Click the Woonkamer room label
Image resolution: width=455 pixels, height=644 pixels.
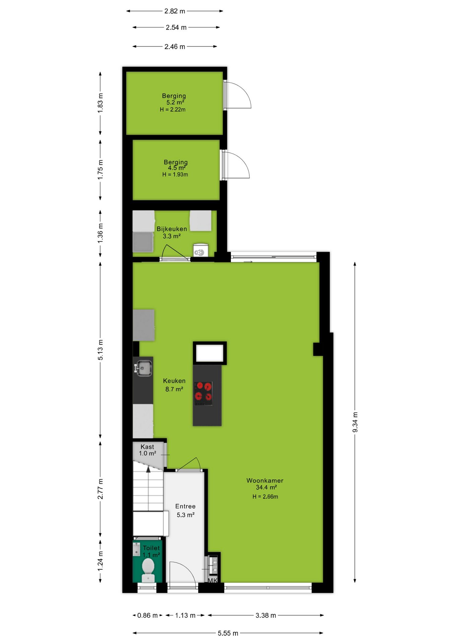coord(265,480)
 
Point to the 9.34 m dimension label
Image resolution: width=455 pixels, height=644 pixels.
coord(355,422)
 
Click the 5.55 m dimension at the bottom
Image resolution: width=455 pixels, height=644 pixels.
coord(228,633)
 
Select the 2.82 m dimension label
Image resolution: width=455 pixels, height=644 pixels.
coord(175,11)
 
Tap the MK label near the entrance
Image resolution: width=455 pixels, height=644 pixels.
coord(213,580)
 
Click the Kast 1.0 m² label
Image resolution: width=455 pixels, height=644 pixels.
coord(147,450)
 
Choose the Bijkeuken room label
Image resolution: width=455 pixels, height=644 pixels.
coord(172,229)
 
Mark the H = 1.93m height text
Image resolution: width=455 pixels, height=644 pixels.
coord(175,174)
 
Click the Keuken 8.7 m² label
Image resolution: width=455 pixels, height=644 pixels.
coord(174,385)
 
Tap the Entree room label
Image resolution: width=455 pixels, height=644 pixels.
coord(185,506)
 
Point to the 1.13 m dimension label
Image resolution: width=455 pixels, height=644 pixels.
coord(185,615)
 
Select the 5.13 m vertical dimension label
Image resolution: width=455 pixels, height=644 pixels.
coord(101,350)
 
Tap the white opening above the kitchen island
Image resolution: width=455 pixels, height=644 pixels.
coord(210,353)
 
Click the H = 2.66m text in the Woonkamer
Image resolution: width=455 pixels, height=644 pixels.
coord(265,497)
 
